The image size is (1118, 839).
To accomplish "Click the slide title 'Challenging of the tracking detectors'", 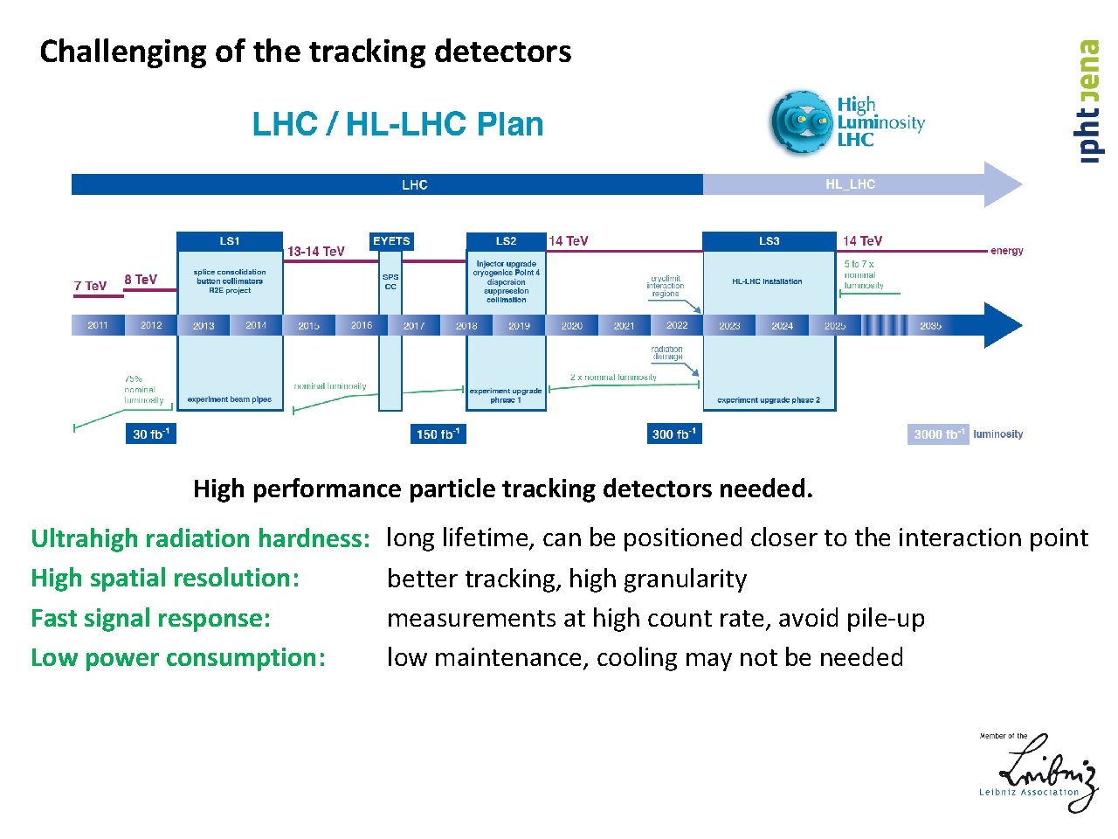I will (306, 52).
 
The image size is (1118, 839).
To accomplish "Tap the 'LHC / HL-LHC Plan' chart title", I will (397, 124).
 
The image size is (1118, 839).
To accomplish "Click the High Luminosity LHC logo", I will (845, 122).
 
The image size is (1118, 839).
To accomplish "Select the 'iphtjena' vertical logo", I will (1088, 101).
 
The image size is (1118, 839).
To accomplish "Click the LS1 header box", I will (230, 241).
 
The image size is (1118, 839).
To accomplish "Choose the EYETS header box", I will (391, 241).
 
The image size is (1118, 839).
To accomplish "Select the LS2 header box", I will (506, 241).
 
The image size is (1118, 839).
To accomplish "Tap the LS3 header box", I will (769, 241).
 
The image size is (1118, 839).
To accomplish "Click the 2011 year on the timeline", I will (98, 325).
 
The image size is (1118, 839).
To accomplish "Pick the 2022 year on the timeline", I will (677, 325).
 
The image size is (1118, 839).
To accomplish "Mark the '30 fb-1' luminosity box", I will (151, 434).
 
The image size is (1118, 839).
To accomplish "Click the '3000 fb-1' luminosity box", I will (938, 434).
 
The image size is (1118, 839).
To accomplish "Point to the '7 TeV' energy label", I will (90, 286).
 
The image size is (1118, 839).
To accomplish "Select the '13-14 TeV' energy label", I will (316, 252).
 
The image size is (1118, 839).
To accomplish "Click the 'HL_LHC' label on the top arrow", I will (850, 184).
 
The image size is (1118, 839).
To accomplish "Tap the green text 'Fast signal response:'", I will (151, 619).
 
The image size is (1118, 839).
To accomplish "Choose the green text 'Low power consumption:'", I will (178, 658).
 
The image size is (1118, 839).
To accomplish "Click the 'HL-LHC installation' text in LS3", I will (767, 281).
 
